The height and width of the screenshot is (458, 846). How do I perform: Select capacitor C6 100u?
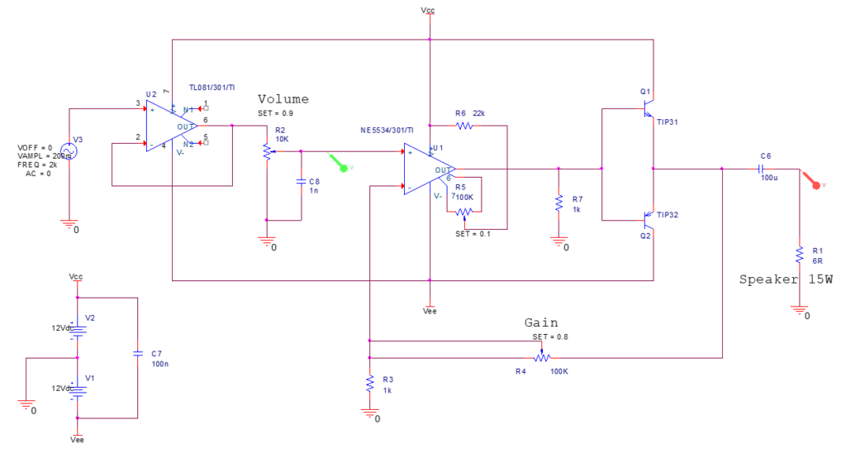765,169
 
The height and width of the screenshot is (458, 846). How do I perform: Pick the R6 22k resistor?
463,126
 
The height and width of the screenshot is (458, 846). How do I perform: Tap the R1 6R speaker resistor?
800,253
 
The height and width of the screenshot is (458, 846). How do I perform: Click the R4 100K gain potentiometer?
542,358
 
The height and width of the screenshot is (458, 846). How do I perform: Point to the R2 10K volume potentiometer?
266,151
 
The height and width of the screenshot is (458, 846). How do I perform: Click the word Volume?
283,99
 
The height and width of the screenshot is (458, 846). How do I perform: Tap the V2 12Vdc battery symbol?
77,329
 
